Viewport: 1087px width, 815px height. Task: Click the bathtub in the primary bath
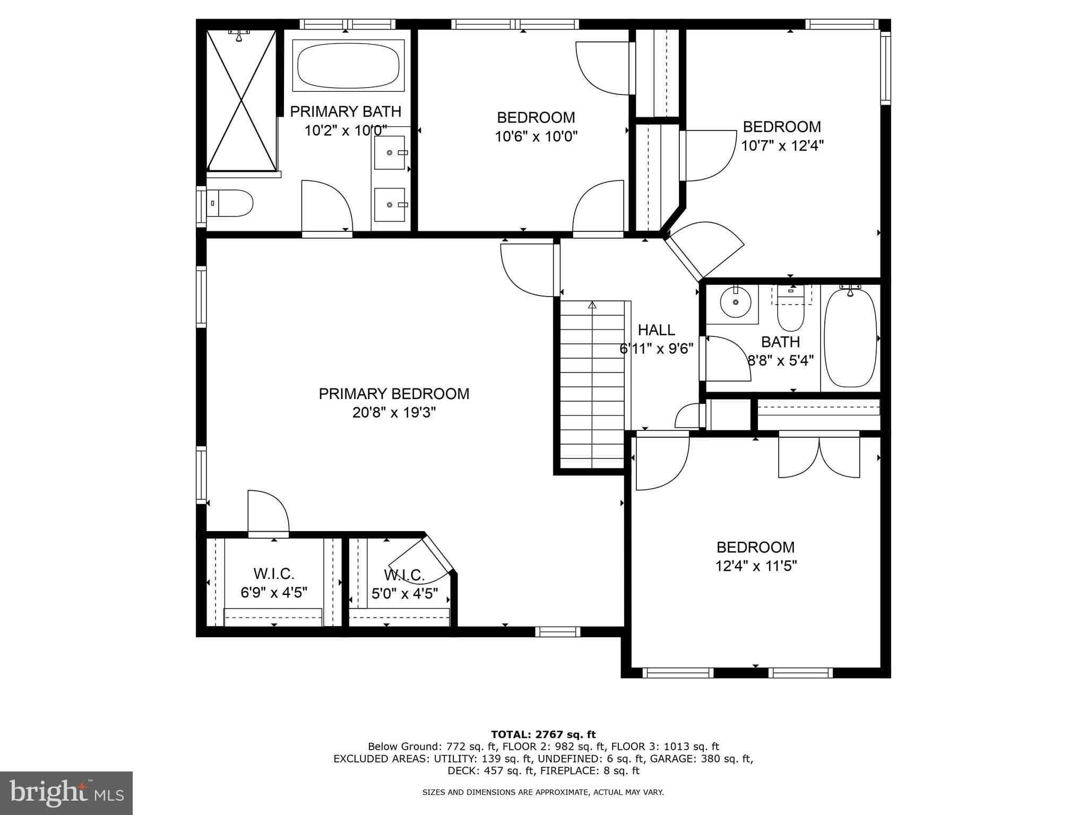pyautogui.click(x=348, y=66)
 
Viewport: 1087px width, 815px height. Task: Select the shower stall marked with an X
pyautogui.click(x=241, y=100)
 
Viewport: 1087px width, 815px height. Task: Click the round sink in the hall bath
pyautogui.click(x=736, y=302)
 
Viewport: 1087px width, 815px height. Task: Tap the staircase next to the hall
pyautogui.click(x=592, y=385)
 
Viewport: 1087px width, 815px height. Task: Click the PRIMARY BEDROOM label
pyautogui.click(x=394, y=394)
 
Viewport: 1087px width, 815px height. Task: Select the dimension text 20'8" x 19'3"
pyautogui.click(x=394, y=413)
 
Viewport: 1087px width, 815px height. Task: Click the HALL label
pyautogui.click(x=656, y=330)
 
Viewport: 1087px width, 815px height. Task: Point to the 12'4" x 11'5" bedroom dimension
pyautogui.click(x=756, y=567)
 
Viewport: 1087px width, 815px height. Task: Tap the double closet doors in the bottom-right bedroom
pyautogui.click(x=819, y=456)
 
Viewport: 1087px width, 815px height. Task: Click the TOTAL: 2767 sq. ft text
pyautogui.click(x=543, y=735)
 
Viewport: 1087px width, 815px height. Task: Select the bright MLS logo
pyautogui.click(x=66, y=793)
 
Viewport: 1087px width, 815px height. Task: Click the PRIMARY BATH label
pyautogui.click(x=346, y=111)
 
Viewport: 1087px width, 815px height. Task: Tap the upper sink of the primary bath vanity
pyautogui.click(x=390, y=152)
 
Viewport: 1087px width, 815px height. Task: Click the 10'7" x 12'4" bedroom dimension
pyautogui.click(x=782, y=146)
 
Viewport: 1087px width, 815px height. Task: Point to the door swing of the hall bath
pyautogui.click(x=726, y=359)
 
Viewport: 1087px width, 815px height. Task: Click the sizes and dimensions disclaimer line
pyautogui.click(x=543, y=793)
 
